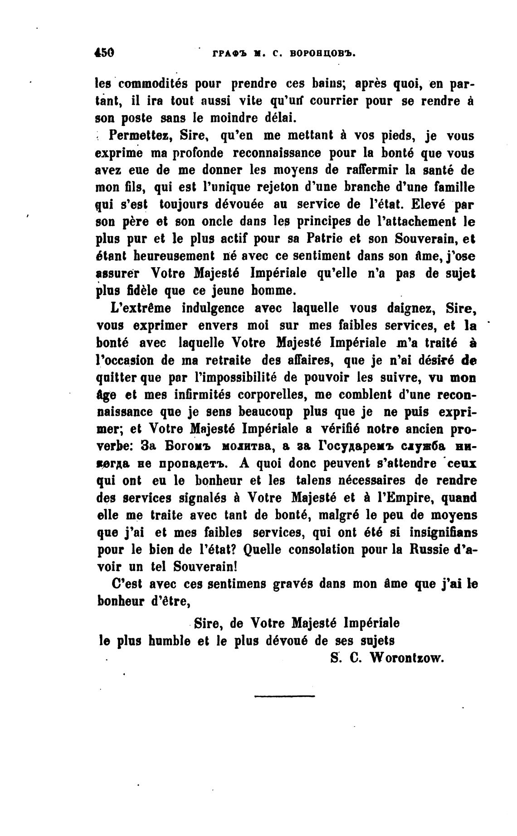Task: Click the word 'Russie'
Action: click(427, 549)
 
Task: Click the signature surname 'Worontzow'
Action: click(406, 658)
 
